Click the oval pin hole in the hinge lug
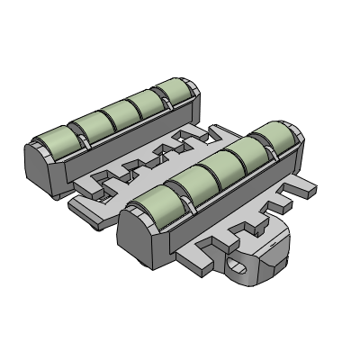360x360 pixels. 239,265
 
